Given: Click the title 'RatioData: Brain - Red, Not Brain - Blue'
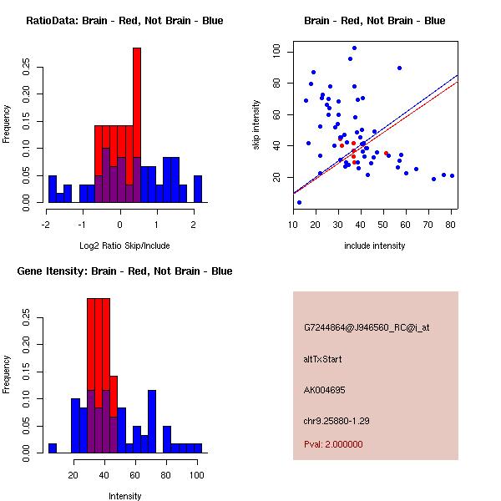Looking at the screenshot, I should tap(124, 21).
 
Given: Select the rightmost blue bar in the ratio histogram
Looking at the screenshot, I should tap(198, 189).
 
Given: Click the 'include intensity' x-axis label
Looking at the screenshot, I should tap(375, 245).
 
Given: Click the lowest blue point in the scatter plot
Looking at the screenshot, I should tap(299, 202).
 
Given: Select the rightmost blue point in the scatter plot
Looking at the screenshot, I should tap(452, 175).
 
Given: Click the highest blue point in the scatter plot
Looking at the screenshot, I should tap(354, 48).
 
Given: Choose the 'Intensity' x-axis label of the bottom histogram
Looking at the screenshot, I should tap(124, 497).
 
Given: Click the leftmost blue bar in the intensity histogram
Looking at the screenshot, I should tap(53, 448).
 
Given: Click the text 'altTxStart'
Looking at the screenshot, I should tap(322, 359).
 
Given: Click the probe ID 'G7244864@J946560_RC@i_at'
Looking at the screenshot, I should tap(367, 328).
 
